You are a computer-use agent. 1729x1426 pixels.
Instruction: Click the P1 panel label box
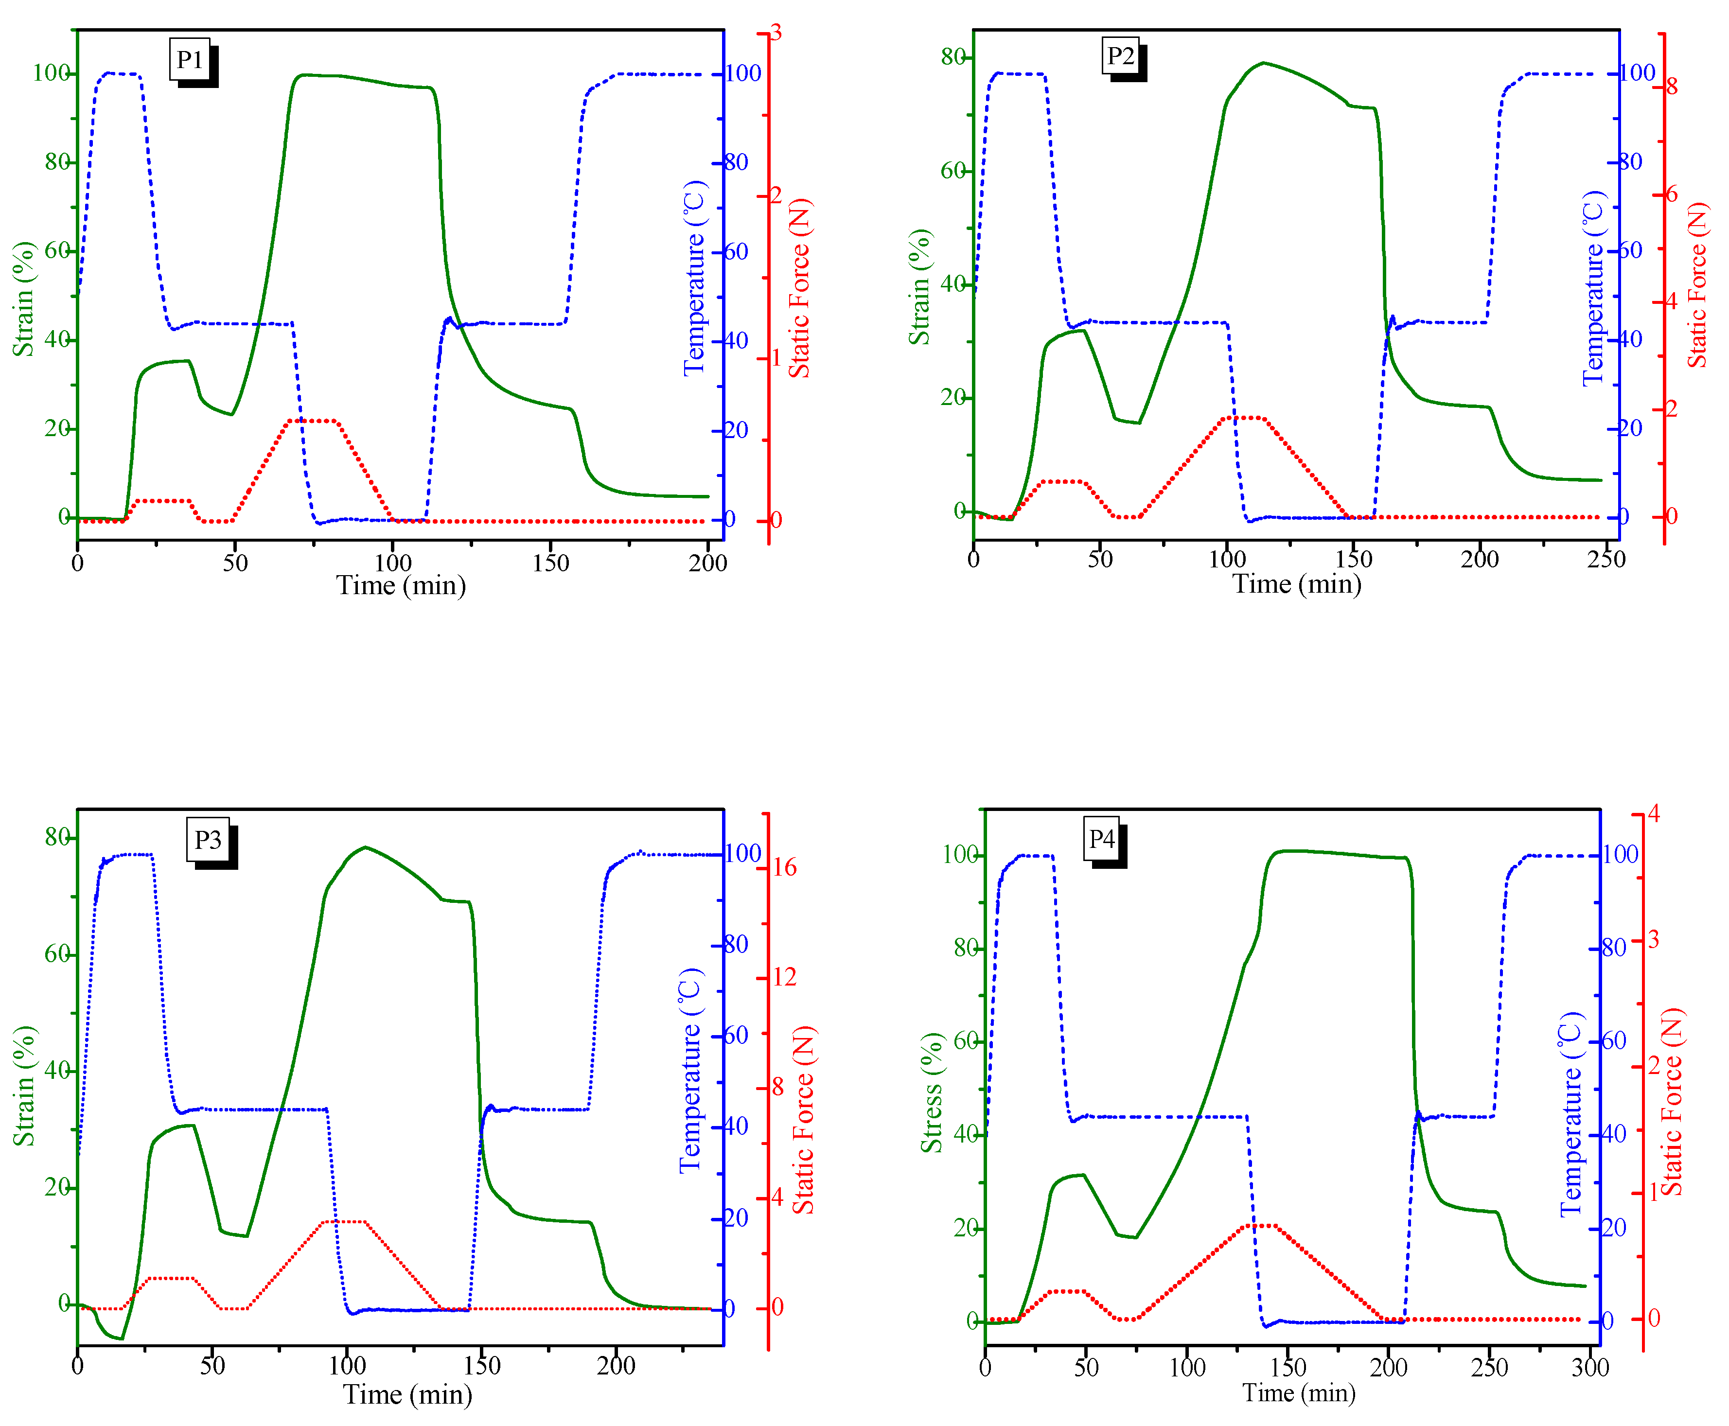click(x=190, y=59)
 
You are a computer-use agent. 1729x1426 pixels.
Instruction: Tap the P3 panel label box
click(x=208, y=840)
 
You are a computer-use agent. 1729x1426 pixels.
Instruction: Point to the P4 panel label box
click(x=1101, y=839)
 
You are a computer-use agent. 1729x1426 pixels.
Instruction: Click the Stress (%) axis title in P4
click(x=932, y=1092)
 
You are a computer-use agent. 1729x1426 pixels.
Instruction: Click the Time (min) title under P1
click(x=401, y=586)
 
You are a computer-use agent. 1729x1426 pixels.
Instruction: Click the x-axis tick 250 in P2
click(x=1606, y=560)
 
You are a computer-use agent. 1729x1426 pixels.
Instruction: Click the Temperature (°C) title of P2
click(x=1593, y=287)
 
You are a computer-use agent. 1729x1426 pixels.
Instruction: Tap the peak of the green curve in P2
click(x=1263, y=62)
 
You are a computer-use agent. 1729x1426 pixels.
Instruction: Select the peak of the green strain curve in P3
click(x=366, y=847)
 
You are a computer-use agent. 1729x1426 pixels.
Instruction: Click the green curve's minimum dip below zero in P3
click(x=121, y=1339)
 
